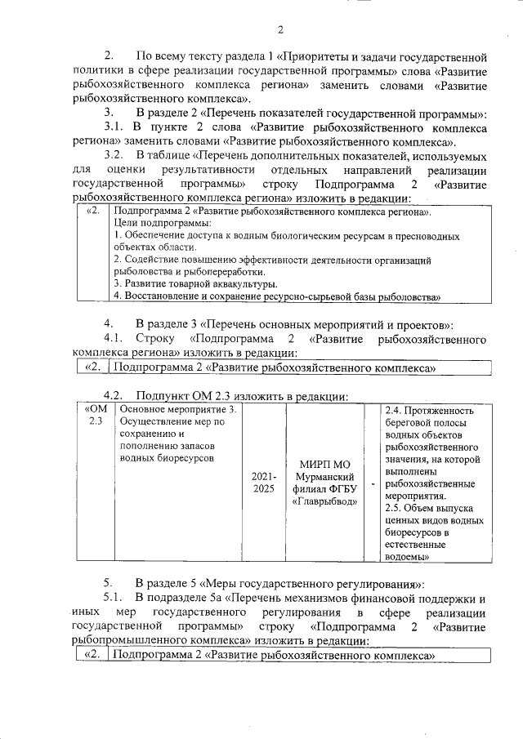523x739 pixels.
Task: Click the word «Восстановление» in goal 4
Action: [160, 295]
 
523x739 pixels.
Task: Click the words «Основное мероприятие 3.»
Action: [177, 410]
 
